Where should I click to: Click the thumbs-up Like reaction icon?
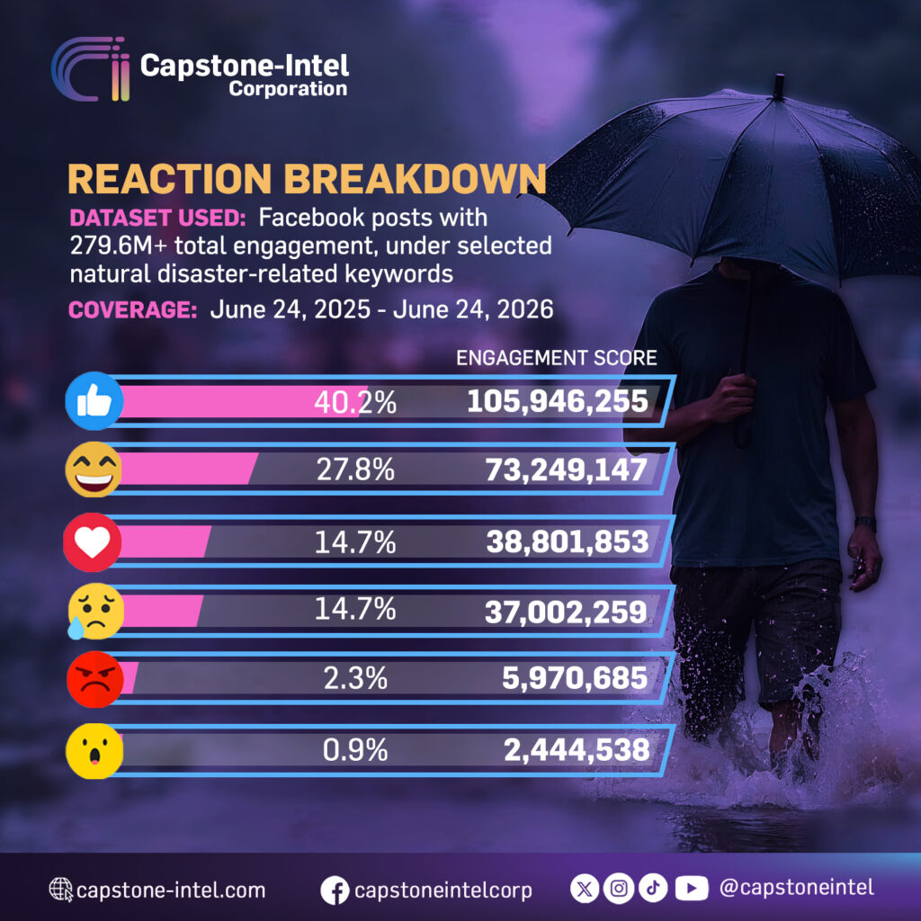(94, 401)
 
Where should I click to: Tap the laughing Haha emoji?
(94, 469)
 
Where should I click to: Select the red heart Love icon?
(93, 542)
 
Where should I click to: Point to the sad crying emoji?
(95, 611)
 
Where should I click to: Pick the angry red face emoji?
(95, 679)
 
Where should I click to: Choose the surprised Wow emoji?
(94, 751)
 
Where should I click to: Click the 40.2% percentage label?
(354, 402)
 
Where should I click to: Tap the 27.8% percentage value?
(355, 469)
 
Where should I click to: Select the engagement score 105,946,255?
(558, 401)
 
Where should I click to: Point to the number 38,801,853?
(568, 541)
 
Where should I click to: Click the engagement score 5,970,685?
(575, 678)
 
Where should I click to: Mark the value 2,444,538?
(577, 750)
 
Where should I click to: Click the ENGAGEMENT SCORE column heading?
(556, 358)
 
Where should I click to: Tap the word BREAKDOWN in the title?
(416, 178)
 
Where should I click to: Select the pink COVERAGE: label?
(133, 309)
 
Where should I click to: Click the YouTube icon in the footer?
(692, 888)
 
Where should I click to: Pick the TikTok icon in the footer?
(653, 888)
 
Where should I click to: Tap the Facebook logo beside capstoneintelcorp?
(335, 890)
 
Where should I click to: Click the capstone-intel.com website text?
(171, 890)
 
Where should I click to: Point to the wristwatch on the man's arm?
(865, 523)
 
